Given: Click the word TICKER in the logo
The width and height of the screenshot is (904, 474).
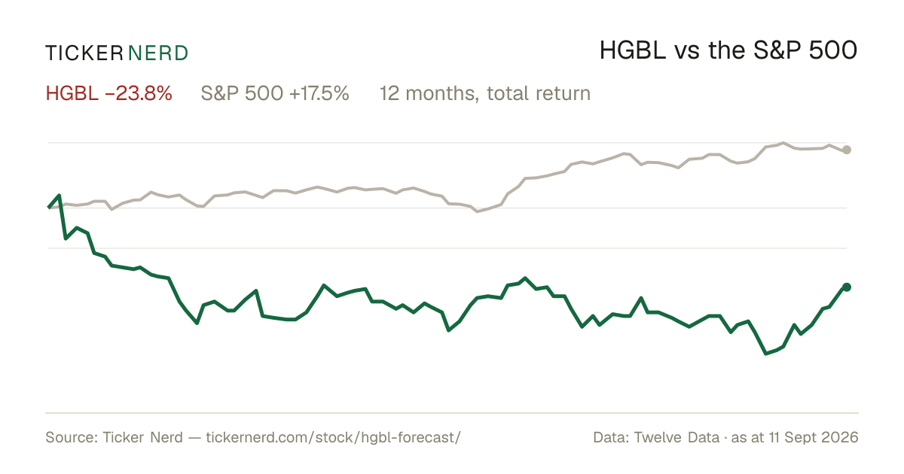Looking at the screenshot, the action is click(84, 53).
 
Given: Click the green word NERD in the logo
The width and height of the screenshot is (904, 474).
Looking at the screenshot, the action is click(157, 53).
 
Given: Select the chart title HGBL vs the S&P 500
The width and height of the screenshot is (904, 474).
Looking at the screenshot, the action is click(728, 50).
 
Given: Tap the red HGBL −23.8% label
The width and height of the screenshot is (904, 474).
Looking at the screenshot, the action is click(109, 93).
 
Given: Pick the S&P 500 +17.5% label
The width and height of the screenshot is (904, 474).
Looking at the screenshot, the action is click(275, 93).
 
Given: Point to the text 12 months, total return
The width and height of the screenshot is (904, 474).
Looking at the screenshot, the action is click(485, 94).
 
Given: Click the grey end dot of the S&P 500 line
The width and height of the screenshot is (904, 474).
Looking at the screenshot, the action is click(847, 150).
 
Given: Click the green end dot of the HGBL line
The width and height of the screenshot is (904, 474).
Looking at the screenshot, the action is click(847, 287).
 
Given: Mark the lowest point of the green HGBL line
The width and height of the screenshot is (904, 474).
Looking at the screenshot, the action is click(766, 354).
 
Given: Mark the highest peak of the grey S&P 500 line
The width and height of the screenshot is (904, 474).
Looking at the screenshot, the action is click(783, 143).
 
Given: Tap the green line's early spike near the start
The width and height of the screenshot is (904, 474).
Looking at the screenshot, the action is click(60, 196).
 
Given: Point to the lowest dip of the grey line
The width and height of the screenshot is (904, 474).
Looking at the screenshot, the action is click(478, 211).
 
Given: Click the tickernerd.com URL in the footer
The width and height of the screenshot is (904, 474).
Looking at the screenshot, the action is click(333, 437).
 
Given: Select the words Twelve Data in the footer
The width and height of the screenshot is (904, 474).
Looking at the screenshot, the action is click(676, 437).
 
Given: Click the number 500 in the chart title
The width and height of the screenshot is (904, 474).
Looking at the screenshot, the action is click(833, 50).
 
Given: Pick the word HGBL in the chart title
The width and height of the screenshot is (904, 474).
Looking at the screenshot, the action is click(633, 50).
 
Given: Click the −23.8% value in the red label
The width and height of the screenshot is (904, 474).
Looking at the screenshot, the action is click(139, 93).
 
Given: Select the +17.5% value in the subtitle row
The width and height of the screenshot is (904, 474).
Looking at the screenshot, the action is click(319, 93).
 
